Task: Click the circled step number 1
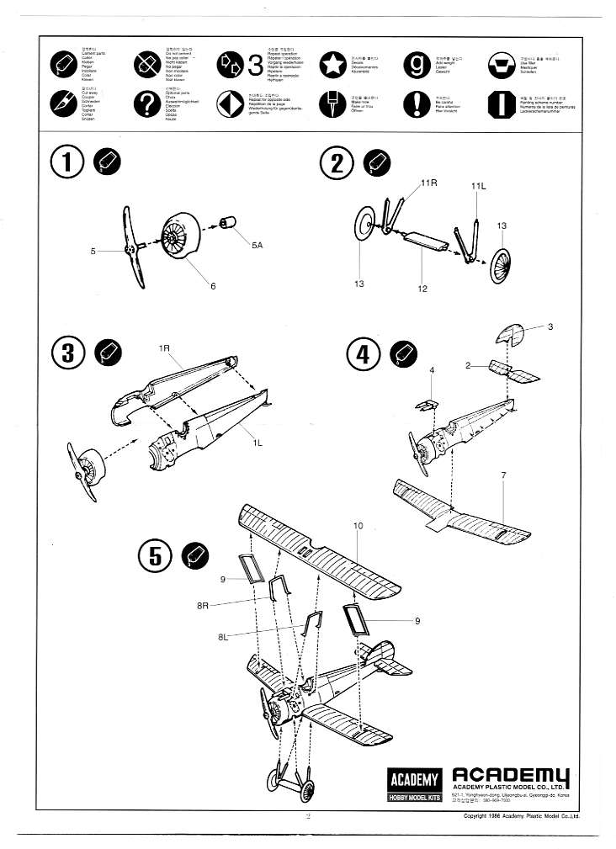[x=67, y=163]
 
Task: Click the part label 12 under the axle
[x=422, y=289]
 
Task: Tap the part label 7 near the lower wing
[x=503, y=476]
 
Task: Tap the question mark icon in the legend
[x=146, y=103]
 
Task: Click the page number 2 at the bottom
[x=308, y=816]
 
